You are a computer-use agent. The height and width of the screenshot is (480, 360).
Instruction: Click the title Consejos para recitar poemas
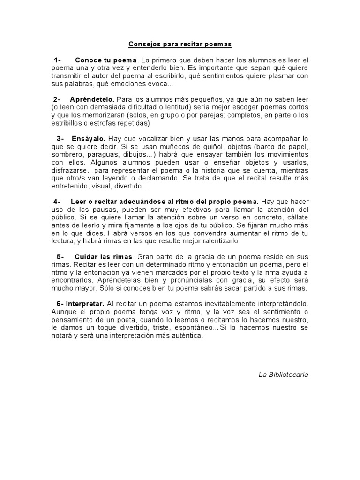tap(180, 44)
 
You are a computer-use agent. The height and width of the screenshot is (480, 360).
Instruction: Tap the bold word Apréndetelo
tap(92, 99)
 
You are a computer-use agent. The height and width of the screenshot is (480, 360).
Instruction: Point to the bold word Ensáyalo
tap(89, 139)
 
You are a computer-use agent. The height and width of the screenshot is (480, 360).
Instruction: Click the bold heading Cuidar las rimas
tap(104, 257)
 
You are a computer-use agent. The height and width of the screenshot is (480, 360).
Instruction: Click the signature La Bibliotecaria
tap(283, 375)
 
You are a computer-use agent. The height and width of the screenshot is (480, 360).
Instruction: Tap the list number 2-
tap(58, 99)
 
